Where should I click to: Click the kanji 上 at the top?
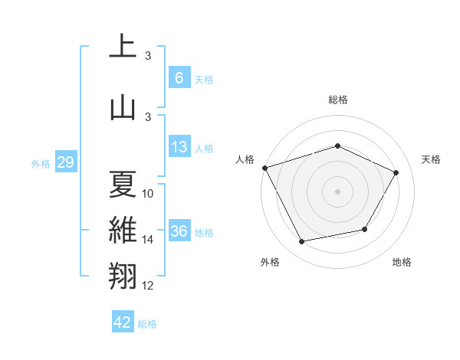(123, 47)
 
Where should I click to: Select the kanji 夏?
(123, 184)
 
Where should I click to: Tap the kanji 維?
(123, 231)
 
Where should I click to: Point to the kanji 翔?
(123, 276)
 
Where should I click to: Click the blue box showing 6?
(179, 77)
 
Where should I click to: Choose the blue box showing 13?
(179, 147)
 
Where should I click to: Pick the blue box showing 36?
(179, 231)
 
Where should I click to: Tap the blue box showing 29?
(65, 162)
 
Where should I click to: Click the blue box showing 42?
(123, 322)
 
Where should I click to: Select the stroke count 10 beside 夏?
(148, 194)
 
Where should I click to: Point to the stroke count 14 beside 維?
(148, 240)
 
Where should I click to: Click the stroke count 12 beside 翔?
(148, 286)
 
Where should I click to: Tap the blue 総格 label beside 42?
(147, 323)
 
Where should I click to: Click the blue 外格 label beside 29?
(40, 163)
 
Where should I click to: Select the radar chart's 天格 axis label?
(431, 159)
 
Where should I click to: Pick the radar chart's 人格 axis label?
(245, 159)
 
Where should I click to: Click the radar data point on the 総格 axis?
(337, 146)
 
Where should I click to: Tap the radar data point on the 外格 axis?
(302, 241)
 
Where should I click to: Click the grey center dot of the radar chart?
(337, 191)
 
